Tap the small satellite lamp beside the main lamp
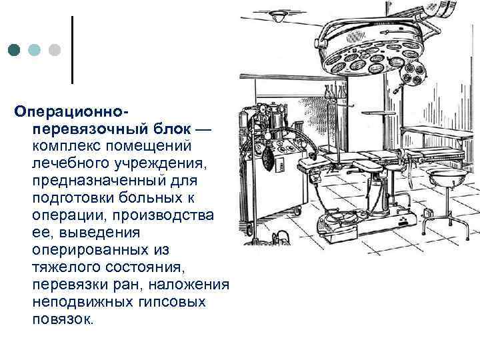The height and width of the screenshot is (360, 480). tap(413, 75)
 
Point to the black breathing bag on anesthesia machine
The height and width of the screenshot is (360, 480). tap(268, 159)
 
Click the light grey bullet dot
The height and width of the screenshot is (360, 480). tap(55, 51)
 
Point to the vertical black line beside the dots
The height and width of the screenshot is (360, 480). tap(72, 49)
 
